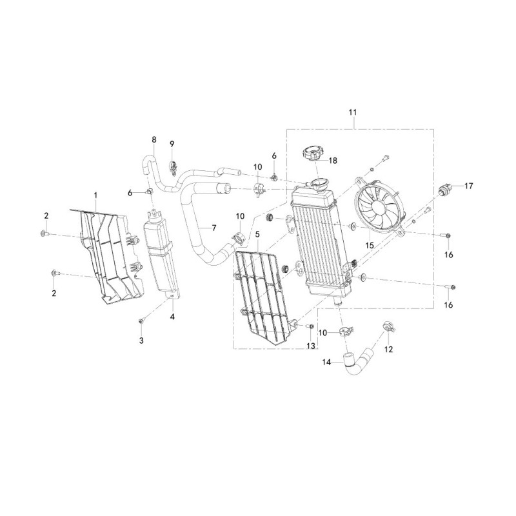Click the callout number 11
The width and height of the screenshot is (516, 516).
click(x=352, y=112)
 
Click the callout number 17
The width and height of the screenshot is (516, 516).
click(x=469, y=186)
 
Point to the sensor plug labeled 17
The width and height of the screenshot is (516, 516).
click(x=445, y=190)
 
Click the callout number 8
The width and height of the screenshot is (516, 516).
click(x=154, y=139)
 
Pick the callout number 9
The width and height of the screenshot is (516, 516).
click(x=172, y=144)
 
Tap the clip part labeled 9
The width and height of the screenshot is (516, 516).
click(x=173, y=166)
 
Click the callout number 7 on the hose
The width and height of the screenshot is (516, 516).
click(x=214, y=228)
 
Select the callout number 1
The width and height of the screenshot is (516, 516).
click(x=95, y=195)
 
